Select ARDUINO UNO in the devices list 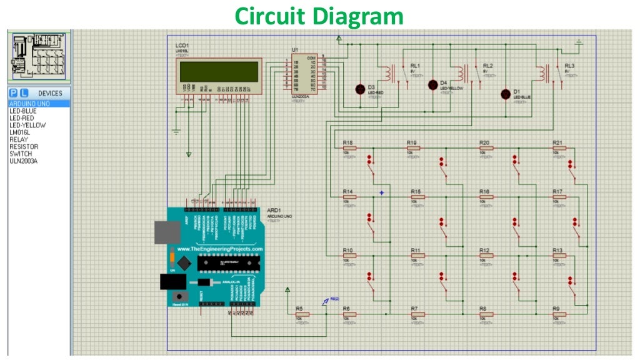coord(30,104)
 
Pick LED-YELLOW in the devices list coord(27,125)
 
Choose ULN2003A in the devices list coord(24,161)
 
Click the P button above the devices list coord(13,93)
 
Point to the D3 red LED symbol coord(361,89)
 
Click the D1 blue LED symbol coord(506,94)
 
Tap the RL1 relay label coord(415,66)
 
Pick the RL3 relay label coord(569,66)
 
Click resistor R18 coord(349,148)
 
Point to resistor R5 coord(302,314)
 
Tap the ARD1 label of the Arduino coord(272,211)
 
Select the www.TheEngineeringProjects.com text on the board coord(220,249)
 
